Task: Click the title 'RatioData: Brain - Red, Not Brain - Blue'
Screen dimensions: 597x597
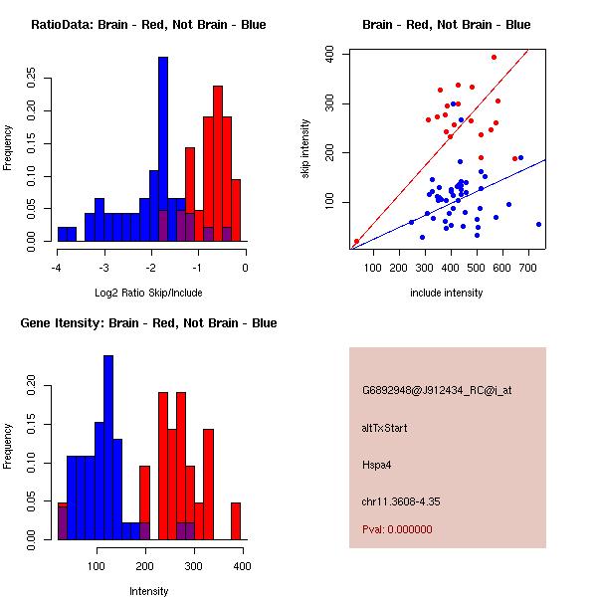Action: point(148,24)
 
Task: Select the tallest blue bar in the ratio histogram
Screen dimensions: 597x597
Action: point(163,149)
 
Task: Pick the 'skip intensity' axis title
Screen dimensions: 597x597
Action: point(307,149)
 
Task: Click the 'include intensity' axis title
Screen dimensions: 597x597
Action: point(447,293)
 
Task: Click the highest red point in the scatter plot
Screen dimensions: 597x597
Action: point(494,58)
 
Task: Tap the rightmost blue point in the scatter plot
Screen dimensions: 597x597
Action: point(538,225)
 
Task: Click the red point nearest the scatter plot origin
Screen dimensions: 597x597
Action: point(356,242)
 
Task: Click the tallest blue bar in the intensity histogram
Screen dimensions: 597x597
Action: point(107,448)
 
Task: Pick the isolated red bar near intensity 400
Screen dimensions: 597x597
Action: point(236,520)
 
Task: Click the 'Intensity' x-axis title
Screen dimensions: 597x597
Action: point(148,591)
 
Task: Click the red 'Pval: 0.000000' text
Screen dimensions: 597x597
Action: point(401,530)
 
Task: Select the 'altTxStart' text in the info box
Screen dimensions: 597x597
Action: point(384,428)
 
